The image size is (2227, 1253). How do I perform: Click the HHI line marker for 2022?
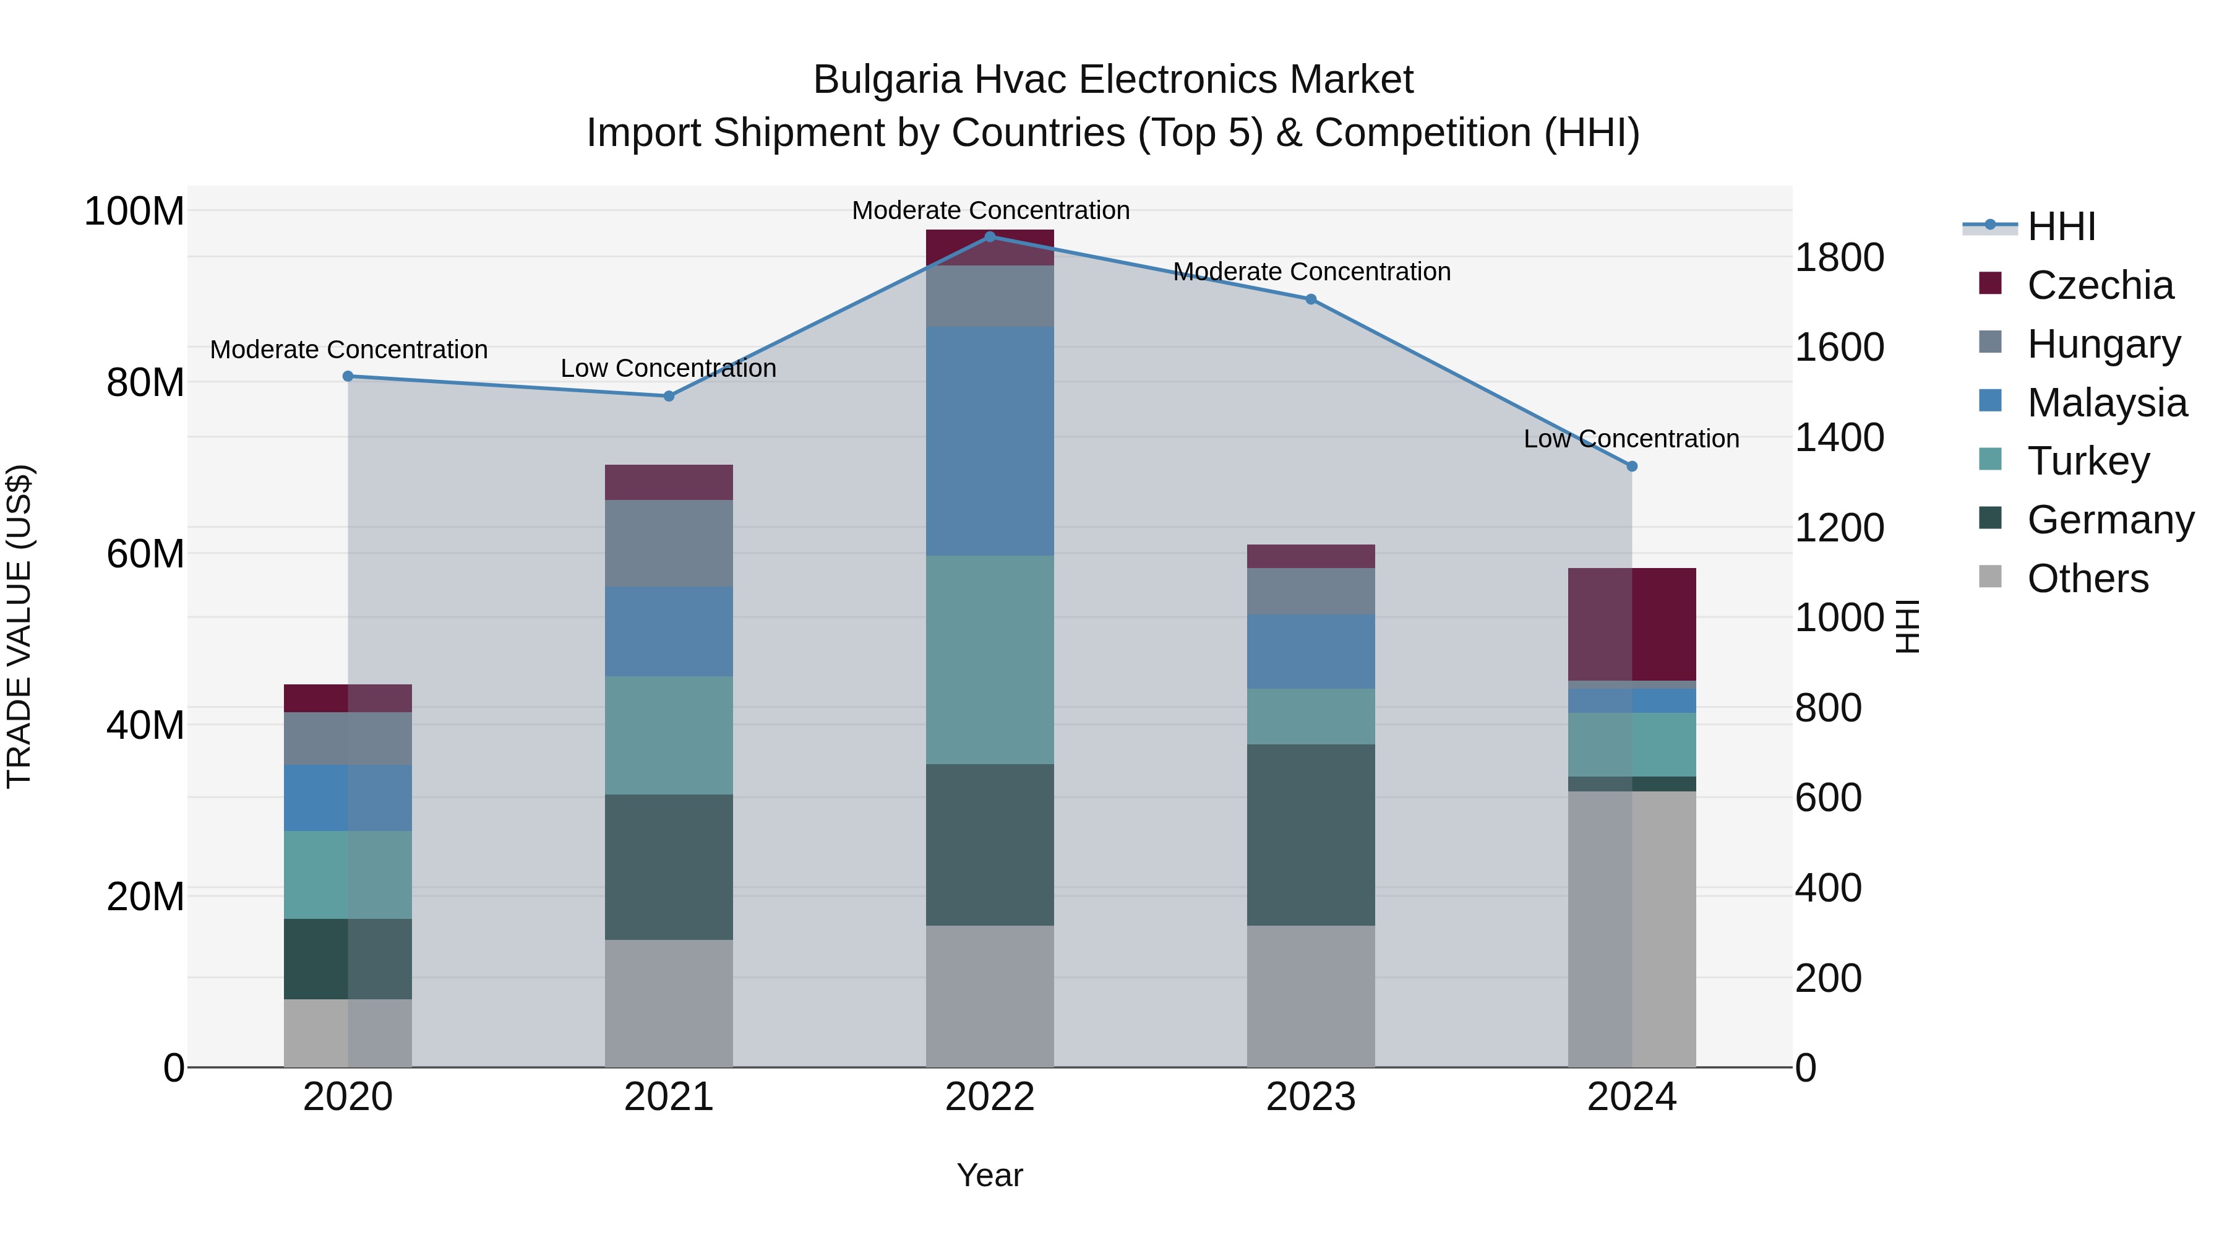990,237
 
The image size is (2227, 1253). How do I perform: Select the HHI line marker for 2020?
348,376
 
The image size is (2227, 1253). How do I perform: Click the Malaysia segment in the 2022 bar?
990,441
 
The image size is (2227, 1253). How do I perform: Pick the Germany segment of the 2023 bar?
1311,835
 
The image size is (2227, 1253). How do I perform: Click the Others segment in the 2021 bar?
668,1003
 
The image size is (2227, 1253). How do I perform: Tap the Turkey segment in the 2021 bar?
668,735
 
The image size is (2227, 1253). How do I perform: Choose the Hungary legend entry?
2103,344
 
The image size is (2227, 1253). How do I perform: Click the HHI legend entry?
2061,226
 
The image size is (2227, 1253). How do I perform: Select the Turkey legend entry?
2088,461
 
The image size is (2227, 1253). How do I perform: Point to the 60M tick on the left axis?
145,553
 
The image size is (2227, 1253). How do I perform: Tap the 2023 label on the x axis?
1311,1097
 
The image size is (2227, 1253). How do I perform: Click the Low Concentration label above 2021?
668,368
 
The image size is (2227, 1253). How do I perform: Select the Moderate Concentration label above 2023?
1311,272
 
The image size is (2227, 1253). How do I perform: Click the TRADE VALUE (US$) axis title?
19,626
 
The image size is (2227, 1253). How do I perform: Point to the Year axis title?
990,1175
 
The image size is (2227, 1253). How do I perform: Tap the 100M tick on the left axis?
134,211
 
